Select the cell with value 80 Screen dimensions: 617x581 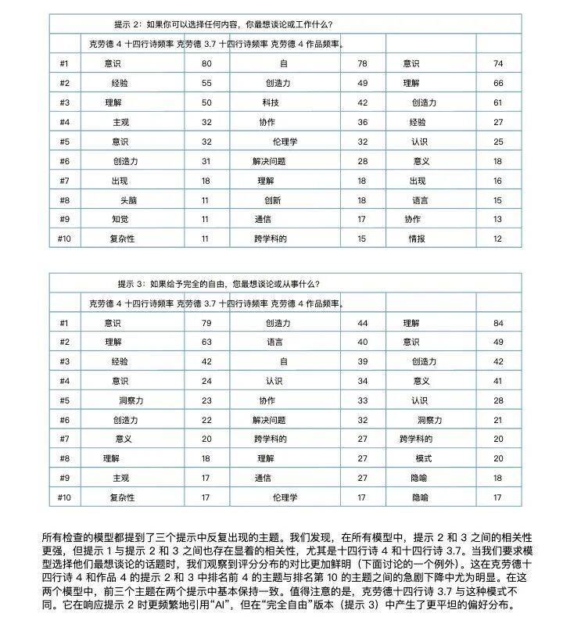[x=206, y=63]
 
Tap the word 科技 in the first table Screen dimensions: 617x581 [x=270, y=102]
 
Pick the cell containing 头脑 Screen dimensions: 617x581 [x=129, y=200]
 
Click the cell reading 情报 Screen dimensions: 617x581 [x=417, y=239]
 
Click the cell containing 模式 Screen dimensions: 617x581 [x=424, y=458]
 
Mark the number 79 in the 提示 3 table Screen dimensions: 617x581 [x=206, y=322]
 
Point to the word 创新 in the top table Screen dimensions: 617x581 [x=272, y=200]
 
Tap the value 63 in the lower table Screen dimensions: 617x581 [x=206, y=342]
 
